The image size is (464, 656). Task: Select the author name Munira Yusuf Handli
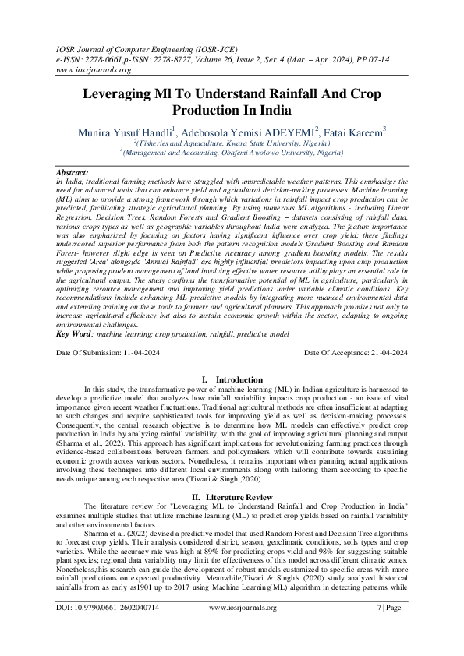pos(125,132)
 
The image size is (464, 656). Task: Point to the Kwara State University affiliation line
pos(232,144)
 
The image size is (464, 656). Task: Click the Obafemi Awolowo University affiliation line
pos(232,153)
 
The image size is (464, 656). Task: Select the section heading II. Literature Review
pos(232,496)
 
